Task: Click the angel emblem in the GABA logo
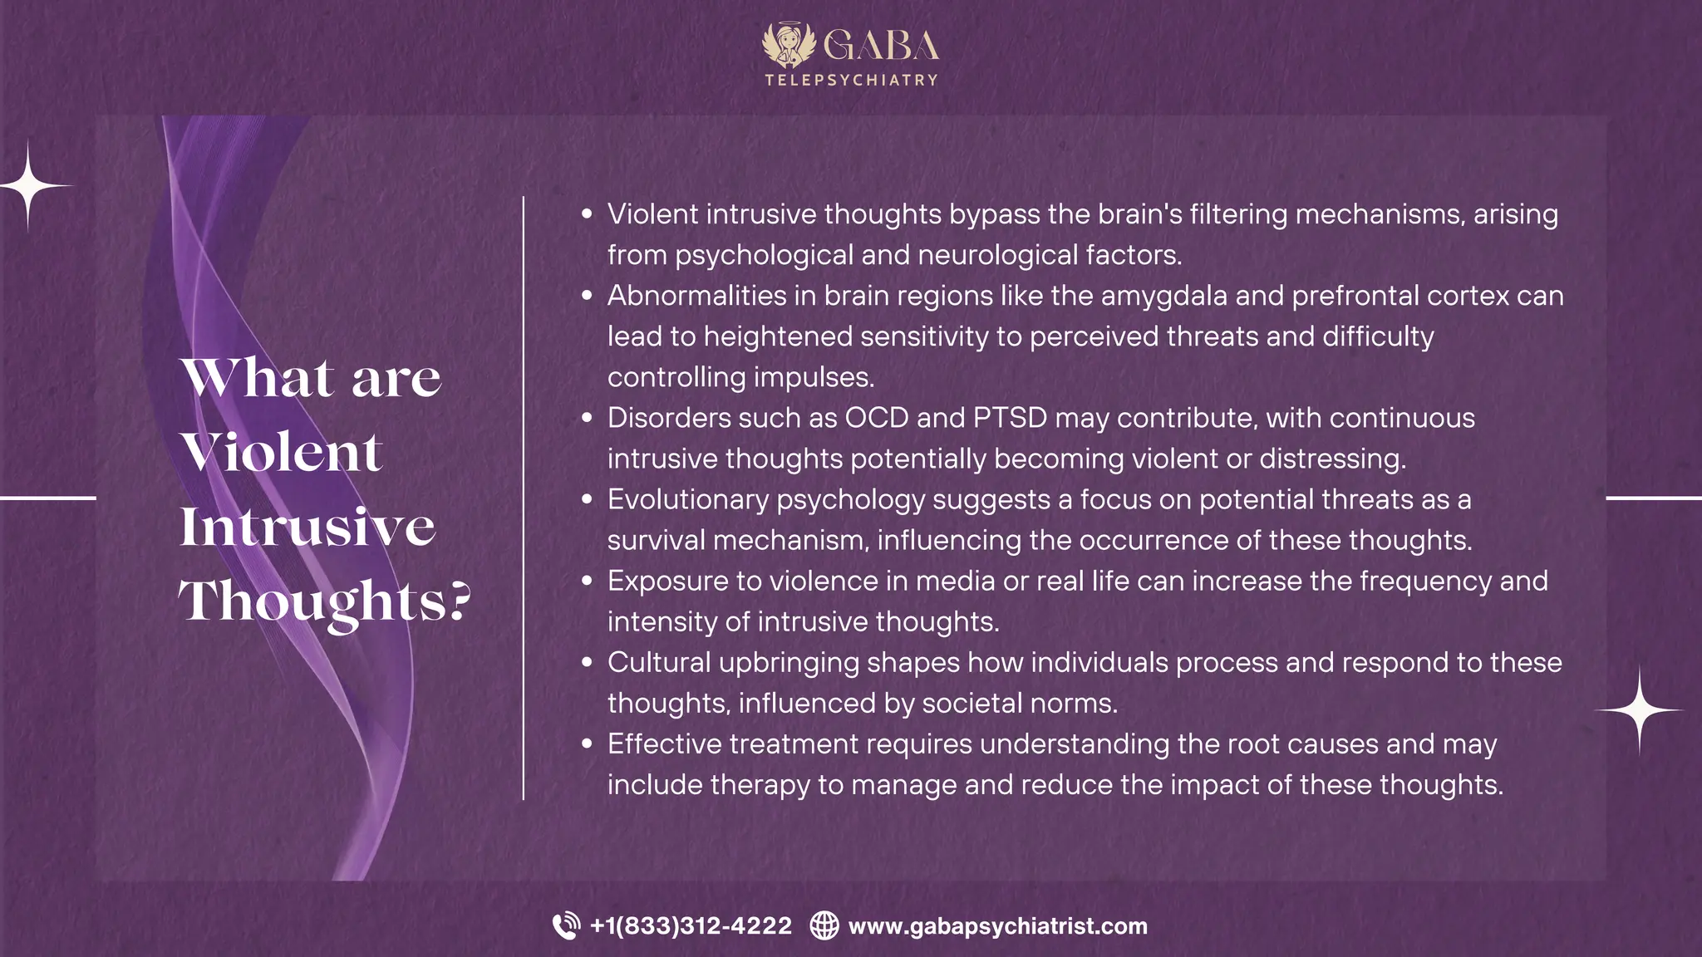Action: point(789,45)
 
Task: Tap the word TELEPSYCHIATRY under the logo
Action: point(851,81)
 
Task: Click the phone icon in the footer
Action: point(567,925)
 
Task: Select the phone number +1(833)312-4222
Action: point(691,925)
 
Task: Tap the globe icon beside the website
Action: point(824,925)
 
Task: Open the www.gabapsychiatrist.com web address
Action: point(997,925)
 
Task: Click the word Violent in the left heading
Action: point(282,453)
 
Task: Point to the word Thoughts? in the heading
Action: point(325,601)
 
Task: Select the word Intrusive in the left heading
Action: point(307,527)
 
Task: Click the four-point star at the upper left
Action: point(29,186)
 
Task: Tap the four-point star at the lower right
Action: point(1639,710)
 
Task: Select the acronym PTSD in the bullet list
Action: point(1010,418)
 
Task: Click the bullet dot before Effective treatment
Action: point(588,744)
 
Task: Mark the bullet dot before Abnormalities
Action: point(588,296)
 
